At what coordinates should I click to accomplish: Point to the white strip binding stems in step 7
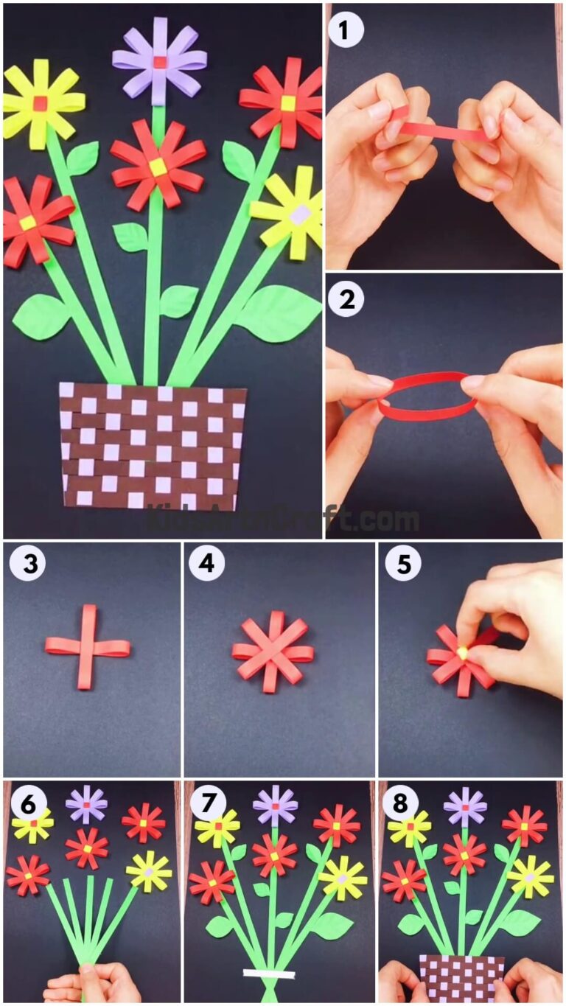click(269, 974)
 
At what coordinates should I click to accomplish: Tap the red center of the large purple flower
click(159, 60)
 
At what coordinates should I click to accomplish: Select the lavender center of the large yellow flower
click(299, 214)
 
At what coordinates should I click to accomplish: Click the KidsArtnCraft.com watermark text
click(283, 520)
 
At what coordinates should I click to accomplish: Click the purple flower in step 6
click(86, 804)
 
